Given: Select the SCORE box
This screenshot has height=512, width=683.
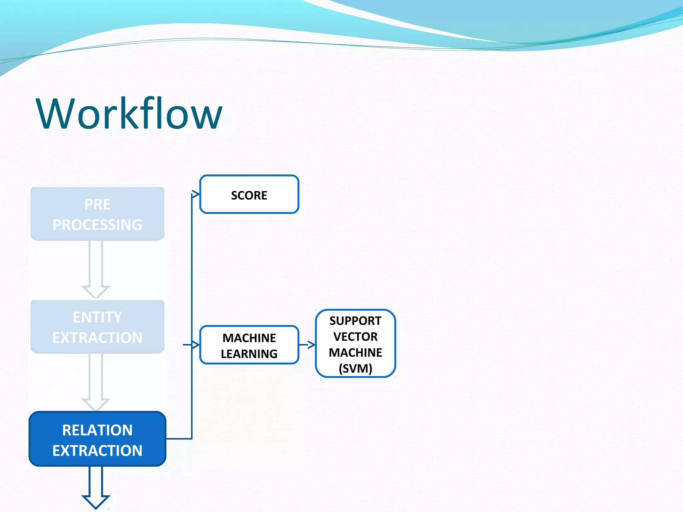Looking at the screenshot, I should tap(249, 195).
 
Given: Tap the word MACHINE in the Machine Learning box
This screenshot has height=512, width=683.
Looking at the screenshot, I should tap(249, 338).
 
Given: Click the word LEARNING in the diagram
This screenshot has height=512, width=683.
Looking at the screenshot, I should tap(249, 354).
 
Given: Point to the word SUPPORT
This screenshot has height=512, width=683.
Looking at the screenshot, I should tap(355, 321).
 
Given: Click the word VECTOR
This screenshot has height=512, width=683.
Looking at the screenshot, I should tap(355, 337).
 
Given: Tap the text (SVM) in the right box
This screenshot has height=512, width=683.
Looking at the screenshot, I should tap(355, 368).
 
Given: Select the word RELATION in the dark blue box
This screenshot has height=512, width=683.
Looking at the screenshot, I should tap(97, 430).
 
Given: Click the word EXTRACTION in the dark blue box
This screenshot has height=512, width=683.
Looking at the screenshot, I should tap(97, 450).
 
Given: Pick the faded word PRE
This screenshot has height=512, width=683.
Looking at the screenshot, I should tap(97, 204).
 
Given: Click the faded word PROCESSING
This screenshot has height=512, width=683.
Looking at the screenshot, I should tap(97, 225).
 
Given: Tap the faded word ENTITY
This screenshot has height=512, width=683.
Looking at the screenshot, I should tap(97, 317).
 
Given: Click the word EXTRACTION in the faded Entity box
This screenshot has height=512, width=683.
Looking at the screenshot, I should tap(97, 338).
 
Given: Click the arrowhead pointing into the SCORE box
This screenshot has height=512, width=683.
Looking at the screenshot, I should tap(196, 194).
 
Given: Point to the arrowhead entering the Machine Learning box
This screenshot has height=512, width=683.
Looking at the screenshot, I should tap(196, 345).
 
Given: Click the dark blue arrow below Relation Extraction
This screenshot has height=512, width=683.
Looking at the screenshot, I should tap(96, 487).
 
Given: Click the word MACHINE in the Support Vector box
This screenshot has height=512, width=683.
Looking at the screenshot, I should tap(355, 352).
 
